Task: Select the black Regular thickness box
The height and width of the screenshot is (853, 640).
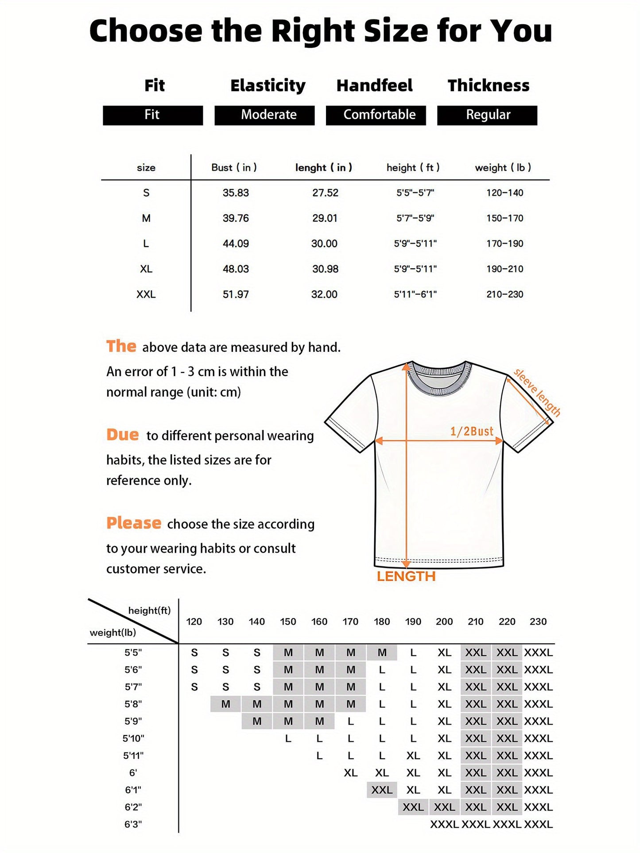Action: coord(487,115)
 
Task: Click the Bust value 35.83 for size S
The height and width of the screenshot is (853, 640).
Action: coord(236,193)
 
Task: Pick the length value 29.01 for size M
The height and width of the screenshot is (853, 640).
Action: coord(325,218)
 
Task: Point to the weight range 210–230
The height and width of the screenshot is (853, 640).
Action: coord(504,294)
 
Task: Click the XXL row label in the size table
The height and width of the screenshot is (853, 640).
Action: coord(146,294)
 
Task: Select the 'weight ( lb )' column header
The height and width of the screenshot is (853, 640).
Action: coord(503,168)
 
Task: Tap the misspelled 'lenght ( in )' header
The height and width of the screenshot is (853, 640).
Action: coord(324,168)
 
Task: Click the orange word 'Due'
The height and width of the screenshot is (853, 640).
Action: coord(122,435)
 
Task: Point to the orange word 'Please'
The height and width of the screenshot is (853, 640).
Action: coord(133,523)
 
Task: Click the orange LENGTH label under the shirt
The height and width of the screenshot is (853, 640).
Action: coord(406,576)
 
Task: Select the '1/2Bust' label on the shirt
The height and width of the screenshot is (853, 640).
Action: coord(472,432)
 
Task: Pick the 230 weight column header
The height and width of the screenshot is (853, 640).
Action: coord(538,621)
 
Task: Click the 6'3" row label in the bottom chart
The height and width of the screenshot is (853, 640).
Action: coord(133,824)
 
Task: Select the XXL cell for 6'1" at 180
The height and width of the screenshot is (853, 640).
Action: coord(382,790)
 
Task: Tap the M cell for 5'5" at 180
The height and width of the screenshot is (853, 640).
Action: coord(382,652)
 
